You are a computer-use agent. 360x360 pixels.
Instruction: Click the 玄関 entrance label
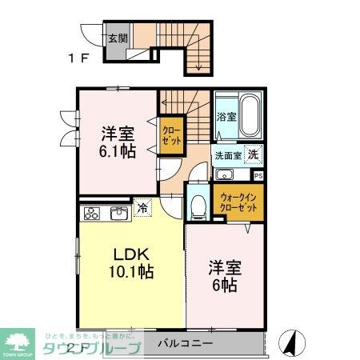pos(117,35)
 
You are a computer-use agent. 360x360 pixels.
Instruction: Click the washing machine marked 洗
pos(251,154)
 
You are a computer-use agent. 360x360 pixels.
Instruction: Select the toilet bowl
pos(198,206)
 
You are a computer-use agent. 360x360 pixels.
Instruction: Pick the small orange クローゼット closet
pos(170,133)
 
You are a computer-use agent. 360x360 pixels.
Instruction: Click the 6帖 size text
pos(226,284)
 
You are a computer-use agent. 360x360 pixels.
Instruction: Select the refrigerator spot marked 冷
pos(142,207)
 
